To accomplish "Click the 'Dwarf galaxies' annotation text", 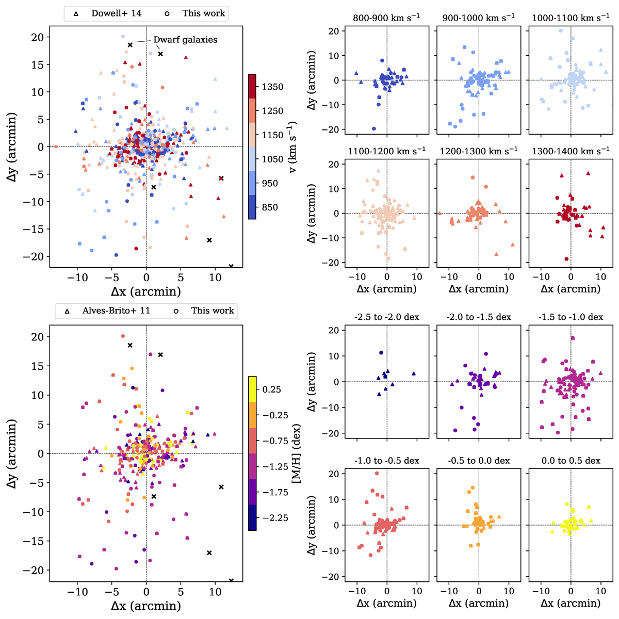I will [185, 40].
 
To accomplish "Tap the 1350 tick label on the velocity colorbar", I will [272, 87].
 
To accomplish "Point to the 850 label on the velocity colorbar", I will [269, 207].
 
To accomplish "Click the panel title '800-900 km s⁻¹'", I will [386, 17].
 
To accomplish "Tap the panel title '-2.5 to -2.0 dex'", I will [386, 317].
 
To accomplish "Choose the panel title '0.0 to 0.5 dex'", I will [571, 460].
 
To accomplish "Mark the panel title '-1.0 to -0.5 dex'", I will [386, 460].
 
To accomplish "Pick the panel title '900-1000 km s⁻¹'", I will [479, 17].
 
